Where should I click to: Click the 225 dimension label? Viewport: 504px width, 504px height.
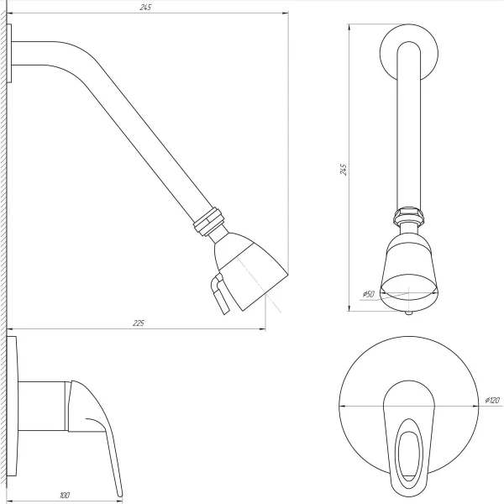139,323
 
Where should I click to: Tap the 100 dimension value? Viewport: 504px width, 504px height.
65,495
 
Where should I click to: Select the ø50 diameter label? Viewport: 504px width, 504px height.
367,294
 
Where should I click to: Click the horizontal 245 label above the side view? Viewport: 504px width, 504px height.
147,7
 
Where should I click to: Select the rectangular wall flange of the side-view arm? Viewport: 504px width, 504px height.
11,53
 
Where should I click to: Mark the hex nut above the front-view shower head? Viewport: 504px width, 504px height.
409,216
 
